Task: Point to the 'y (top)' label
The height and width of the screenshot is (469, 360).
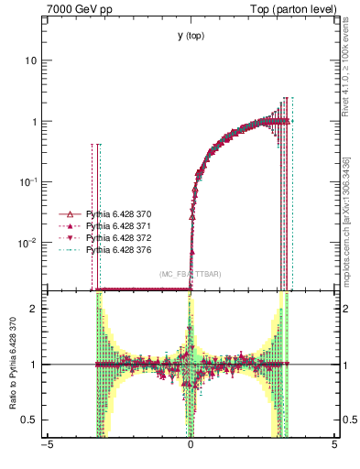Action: click(191, 36)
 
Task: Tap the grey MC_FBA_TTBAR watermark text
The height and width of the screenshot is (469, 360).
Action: click(190, 275)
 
